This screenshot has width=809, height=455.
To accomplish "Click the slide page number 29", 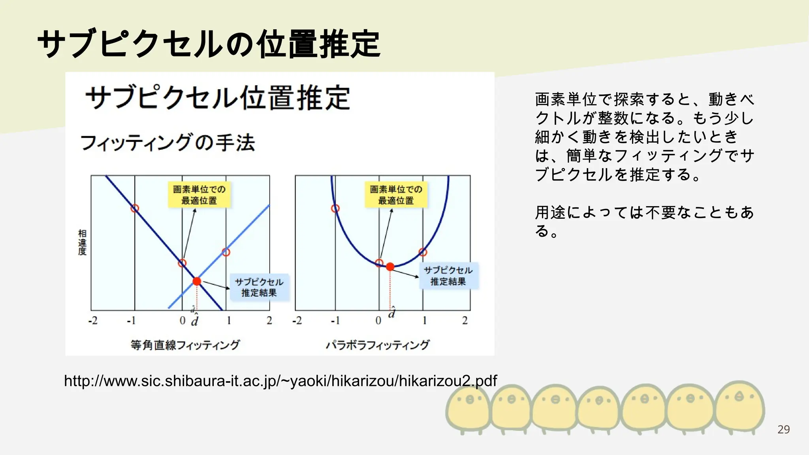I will (x=783, y=429).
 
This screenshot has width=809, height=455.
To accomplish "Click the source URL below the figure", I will (x=280, y=381).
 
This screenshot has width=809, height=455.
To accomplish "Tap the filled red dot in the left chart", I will (x=197, y=281).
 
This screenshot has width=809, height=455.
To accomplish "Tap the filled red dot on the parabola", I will (x=390, y=267).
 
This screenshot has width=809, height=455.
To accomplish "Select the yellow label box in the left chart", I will (x=199, y=195).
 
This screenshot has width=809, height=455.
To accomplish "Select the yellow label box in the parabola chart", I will (x=396, y=195).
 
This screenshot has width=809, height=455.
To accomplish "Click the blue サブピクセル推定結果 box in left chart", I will (x=259, y=287).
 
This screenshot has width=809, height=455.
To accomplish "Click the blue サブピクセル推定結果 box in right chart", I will (x=448, y=276).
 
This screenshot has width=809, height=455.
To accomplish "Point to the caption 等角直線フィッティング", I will (x=185, y=345).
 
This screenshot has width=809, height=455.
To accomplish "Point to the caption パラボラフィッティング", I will (x=377, y=345).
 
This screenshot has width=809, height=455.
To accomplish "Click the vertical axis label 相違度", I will (x=82, y=242).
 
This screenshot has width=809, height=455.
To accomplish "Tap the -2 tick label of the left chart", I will (x=93, y=320).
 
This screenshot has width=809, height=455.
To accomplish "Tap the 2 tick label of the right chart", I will (x=465, y=320).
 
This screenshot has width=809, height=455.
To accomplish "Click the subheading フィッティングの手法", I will (x=168, y=143).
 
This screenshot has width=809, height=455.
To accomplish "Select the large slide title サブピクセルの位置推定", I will (x=209, y=44).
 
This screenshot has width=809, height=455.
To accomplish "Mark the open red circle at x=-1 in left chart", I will (x=135, y=208).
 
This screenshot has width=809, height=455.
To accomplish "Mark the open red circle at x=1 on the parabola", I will (x=423, y=252).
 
